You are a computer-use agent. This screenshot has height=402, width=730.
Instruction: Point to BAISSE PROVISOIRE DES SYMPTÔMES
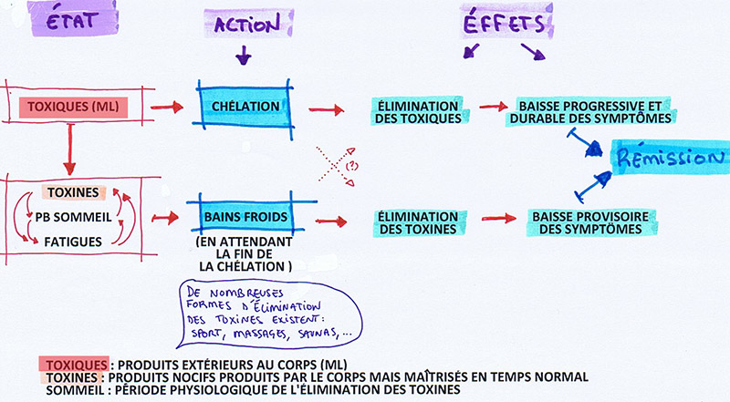(591, 222)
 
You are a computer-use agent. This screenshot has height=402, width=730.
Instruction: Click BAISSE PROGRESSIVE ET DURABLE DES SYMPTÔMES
(596, 111)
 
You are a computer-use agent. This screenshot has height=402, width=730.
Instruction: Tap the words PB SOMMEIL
(73, 219)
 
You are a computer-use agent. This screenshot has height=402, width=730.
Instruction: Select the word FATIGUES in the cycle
(73, 242)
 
